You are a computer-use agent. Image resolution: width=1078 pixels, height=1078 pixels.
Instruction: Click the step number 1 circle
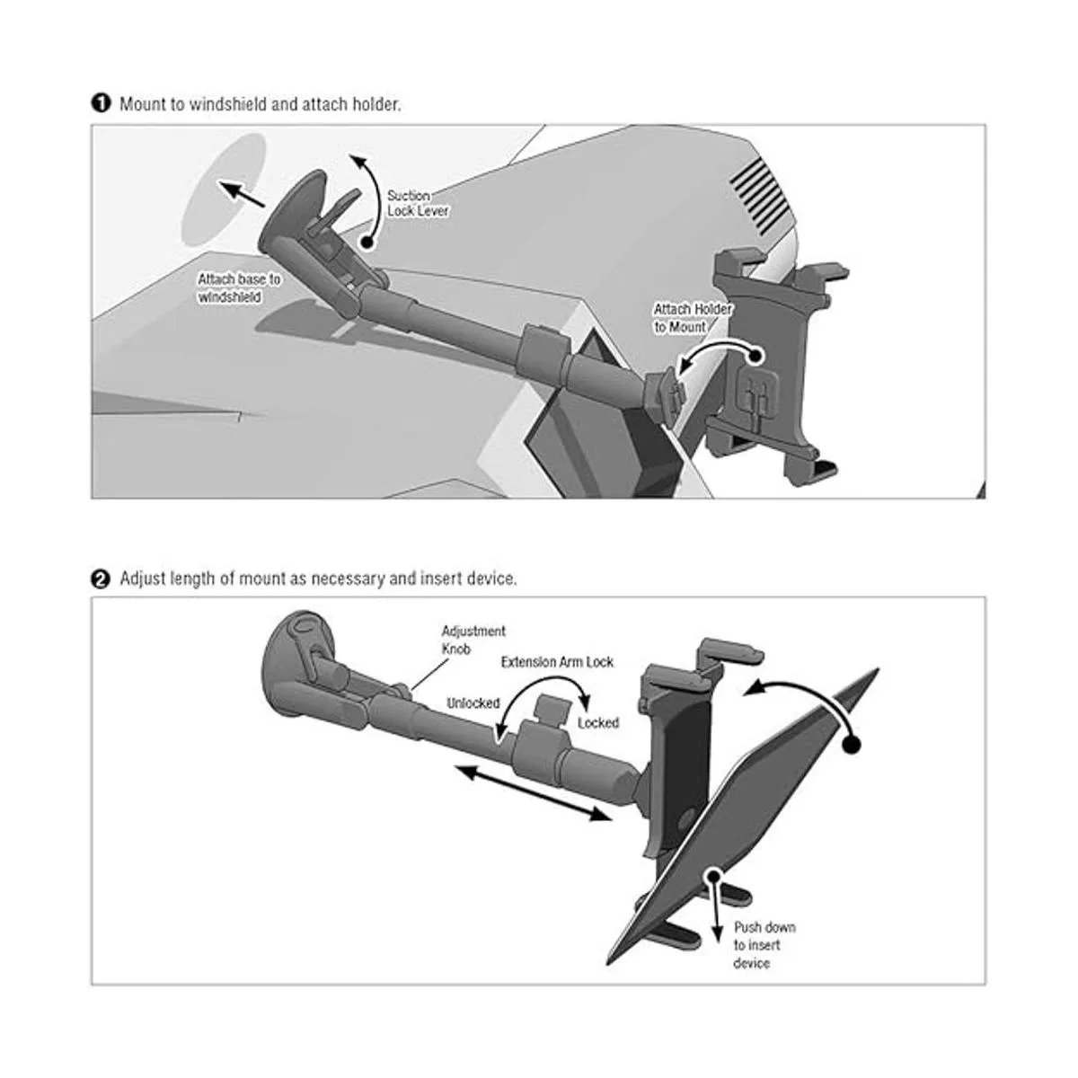[x=101, y=103]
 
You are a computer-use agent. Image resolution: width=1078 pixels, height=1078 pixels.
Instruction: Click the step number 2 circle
[x=101, y=579]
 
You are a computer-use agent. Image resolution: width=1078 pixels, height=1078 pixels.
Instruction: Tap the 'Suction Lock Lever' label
[x=418, y=203]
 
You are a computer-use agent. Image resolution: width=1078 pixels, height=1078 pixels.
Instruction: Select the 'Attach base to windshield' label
[x=239, y=287]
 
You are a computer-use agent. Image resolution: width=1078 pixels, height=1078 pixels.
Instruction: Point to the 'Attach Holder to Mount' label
[x=693, y=318]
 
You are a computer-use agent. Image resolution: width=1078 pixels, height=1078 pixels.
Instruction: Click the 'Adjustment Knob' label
[x=473, y=640]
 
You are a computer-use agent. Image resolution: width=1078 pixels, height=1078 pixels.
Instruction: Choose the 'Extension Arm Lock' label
[x=557, y=662]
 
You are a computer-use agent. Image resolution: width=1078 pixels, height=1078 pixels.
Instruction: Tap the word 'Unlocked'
[x=473, y=703]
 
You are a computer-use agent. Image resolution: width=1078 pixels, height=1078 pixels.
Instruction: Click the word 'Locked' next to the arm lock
[x=598, y=723]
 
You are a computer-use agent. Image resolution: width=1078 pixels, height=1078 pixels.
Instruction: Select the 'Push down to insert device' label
[x=764, y=945]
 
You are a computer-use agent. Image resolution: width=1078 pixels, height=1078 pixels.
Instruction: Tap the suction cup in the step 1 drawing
[x=294, y=211]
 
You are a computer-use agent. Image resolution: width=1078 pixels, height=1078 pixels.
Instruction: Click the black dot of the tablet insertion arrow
[x=851, y=745]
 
